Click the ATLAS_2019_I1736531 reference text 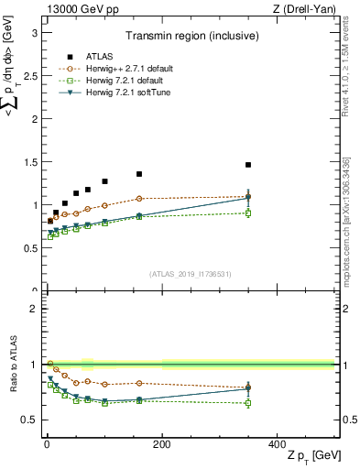[x=189, y=274]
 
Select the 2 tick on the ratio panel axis [x=34, y=309]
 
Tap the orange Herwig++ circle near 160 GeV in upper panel [x=139, y=198]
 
